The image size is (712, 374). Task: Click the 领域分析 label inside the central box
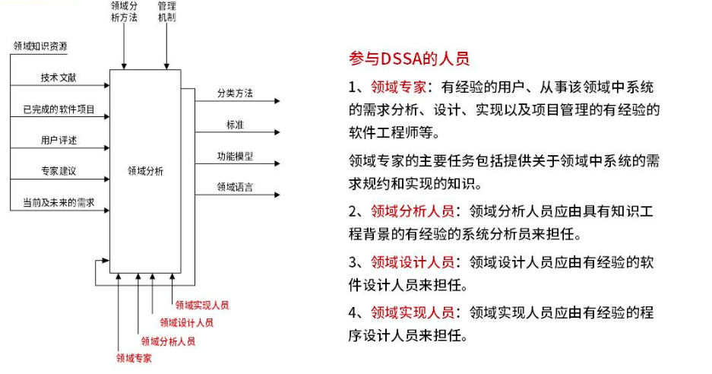[145, 172]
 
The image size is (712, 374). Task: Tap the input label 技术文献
[59, 78]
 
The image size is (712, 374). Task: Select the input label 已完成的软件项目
[59, 110]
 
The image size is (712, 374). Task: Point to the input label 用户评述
[59, 141]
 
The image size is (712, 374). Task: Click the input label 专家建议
[59, 172]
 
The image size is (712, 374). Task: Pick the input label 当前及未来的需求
[59, 203]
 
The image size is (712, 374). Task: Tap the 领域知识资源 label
[40, 46]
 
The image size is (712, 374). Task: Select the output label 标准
[235, 125]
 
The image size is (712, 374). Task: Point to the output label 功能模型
[235, 157]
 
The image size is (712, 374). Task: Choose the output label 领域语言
[235, 187]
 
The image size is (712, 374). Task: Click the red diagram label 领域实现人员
[201, 306]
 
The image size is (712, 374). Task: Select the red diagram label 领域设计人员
[186, 322]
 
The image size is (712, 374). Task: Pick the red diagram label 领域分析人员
[168, 341]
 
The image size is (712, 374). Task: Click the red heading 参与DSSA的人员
[410, 59]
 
